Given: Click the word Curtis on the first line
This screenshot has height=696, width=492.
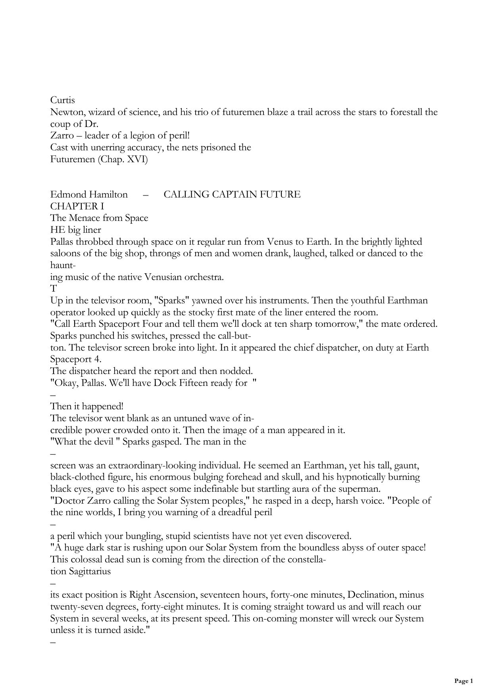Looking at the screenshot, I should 62,100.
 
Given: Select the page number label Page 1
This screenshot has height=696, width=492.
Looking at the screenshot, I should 463,681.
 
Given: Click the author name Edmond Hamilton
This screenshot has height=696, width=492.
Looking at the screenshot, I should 89,194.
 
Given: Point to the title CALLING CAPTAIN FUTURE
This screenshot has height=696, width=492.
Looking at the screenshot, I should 232,194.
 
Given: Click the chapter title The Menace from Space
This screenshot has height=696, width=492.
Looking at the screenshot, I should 99,218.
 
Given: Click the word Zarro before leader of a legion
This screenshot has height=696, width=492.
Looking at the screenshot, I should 62,136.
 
